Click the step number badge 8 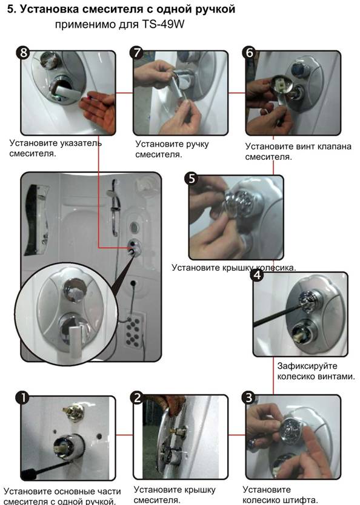(24, 53)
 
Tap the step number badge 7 (137, 53)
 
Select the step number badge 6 (250, 53)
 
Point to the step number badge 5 (192, 178)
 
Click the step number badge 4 (258, 276)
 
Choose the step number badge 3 (248, 398)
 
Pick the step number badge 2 (138, 398)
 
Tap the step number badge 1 (22, 398)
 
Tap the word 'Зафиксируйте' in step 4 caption (302, 366)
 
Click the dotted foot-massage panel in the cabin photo (133, 331)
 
